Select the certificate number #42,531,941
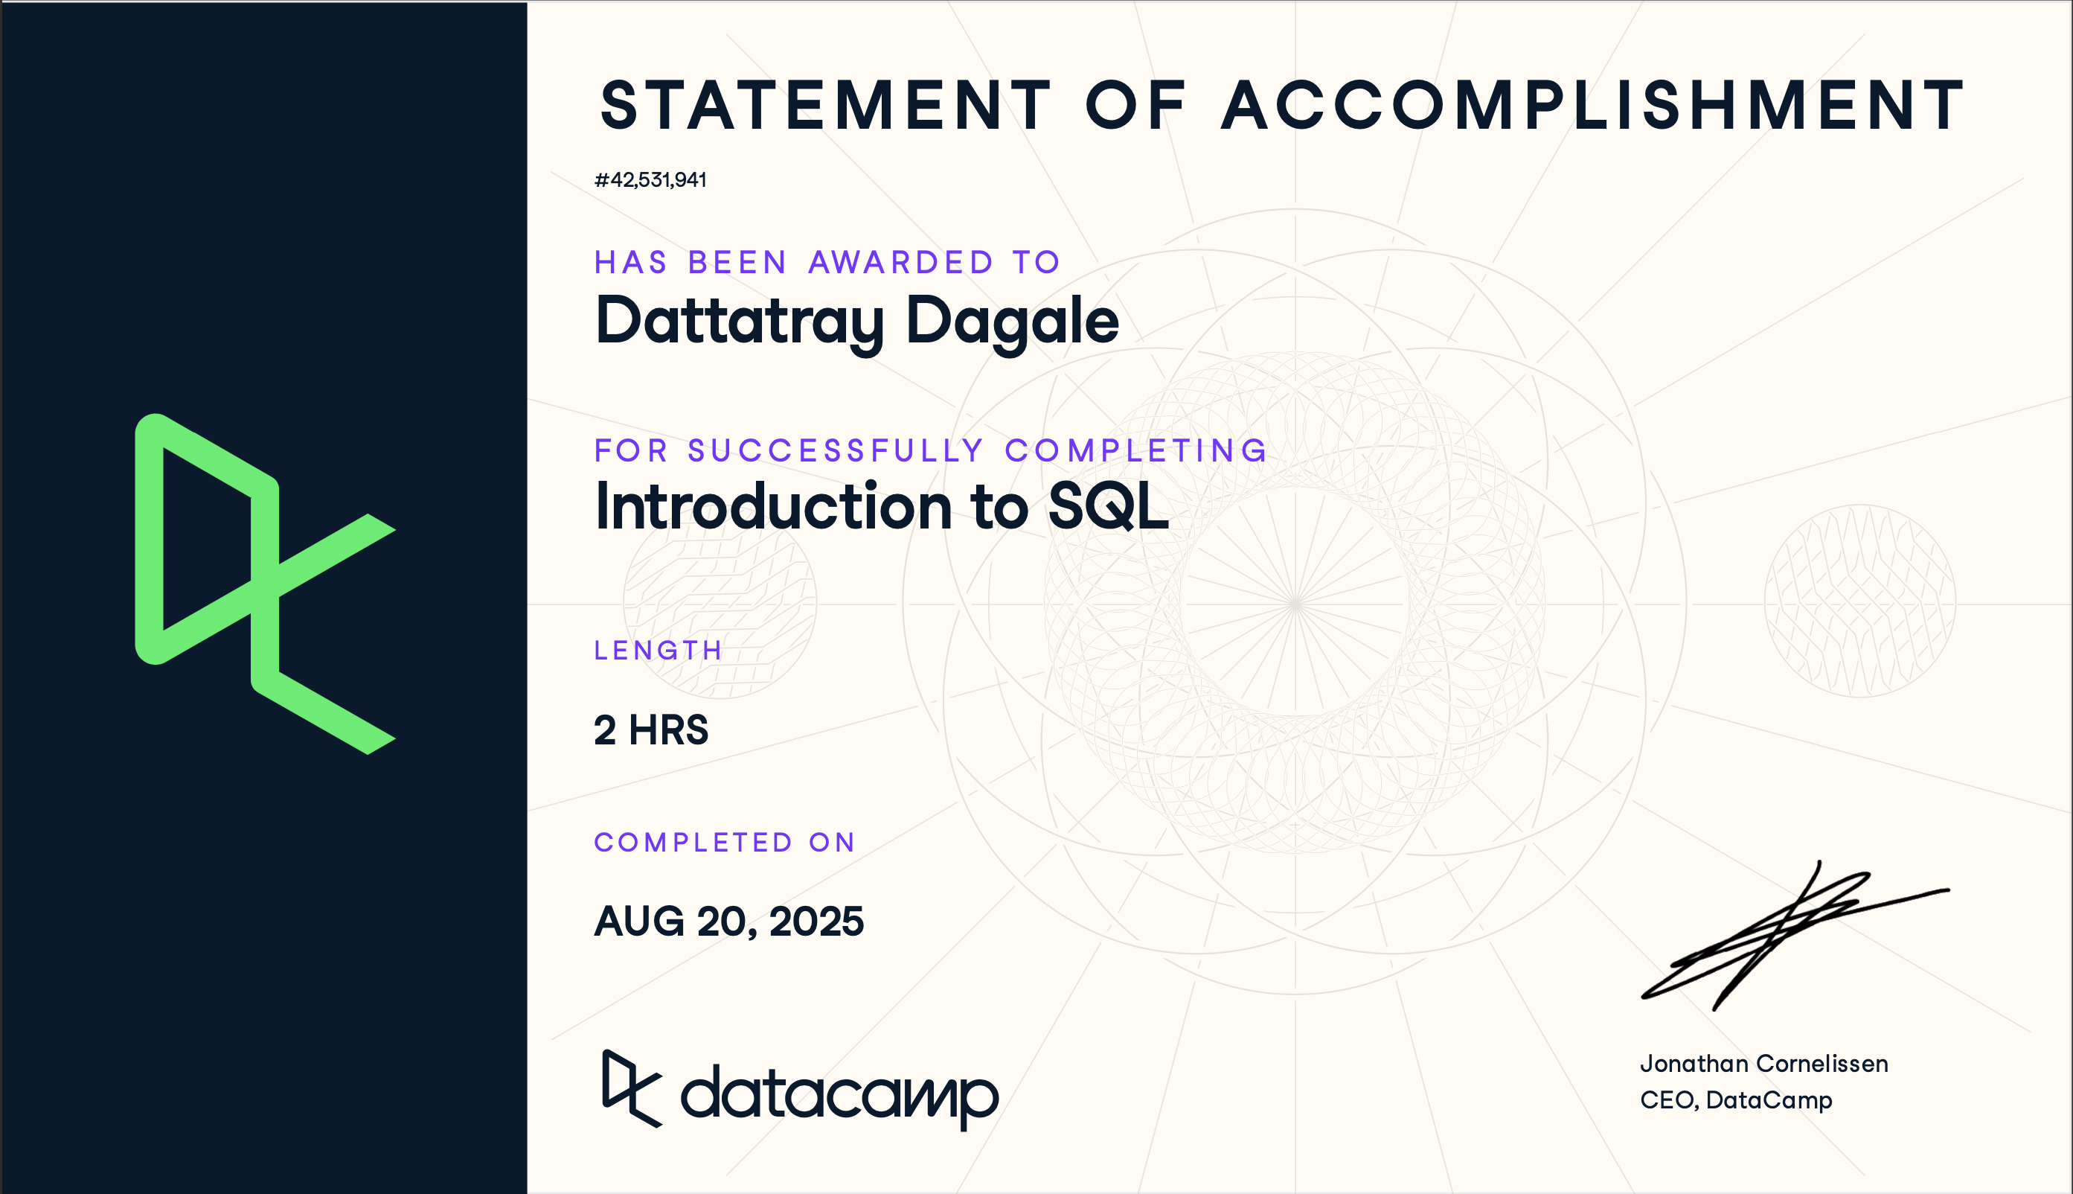(x=650, y=179)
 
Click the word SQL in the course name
(x=1107, y=506)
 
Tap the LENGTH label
(x=659, y=651)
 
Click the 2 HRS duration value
(x=651, y=730)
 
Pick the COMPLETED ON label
(x=725, y=842)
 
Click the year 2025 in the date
(x=816, y=921)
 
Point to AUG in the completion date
(x=638, y=921)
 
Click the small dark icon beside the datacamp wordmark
(x=629, y=1088)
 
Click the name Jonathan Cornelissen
(x=1763, y=1064)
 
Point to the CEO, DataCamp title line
(x=1735, y=1099)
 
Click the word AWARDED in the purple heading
(x=901, y=263)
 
